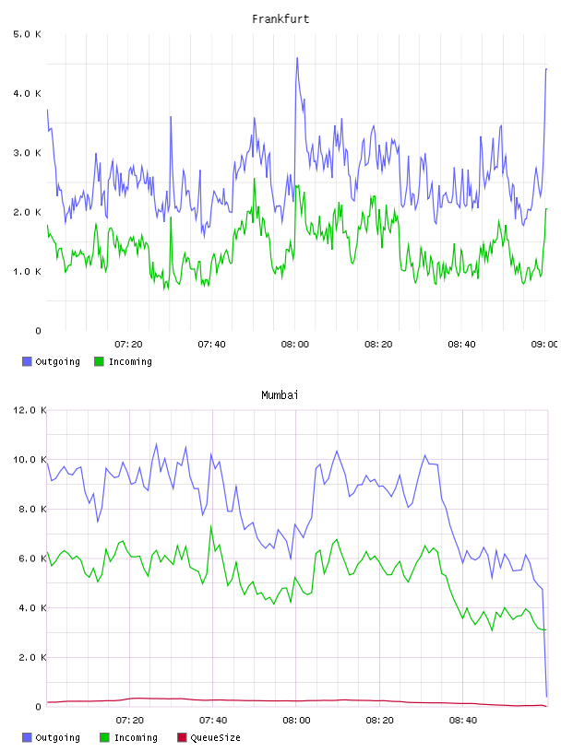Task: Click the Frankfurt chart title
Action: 280,19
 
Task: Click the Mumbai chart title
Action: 280,395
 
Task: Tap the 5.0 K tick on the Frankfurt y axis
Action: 28,34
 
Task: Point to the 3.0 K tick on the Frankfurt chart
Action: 28,153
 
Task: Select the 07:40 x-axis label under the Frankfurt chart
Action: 212,345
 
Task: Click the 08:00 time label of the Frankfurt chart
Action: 295,345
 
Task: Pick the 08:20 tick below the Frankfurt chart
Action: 378,345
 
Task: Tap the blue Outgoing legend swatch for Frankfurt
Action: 27,361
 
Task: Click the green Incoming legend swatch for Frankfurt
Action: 99,361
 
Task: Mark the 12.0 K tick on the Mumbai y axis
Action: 30,410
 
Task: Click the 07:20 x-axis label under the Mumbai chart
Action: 130,721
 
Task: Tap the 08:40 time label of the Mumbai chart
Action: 463,721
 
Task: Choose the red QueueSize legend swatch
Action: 182,737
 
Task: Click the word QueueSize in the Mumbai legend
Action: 215,737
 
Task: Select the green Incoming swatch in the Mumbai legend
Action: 104,737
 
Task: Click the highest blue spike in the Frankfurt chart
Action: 297,58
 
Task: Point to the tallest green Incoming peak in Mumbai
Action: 211,526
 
